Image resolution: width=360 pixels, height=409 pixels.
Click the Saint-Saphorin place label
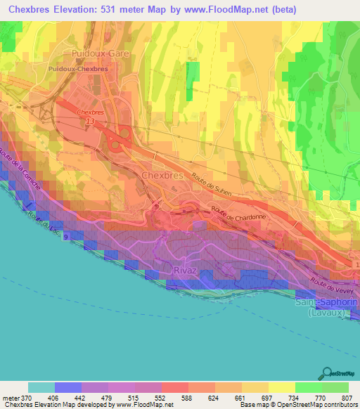tap(326, 301)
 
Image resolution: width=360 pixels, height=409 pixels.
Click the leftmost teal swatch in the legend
tap(41, 387)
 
